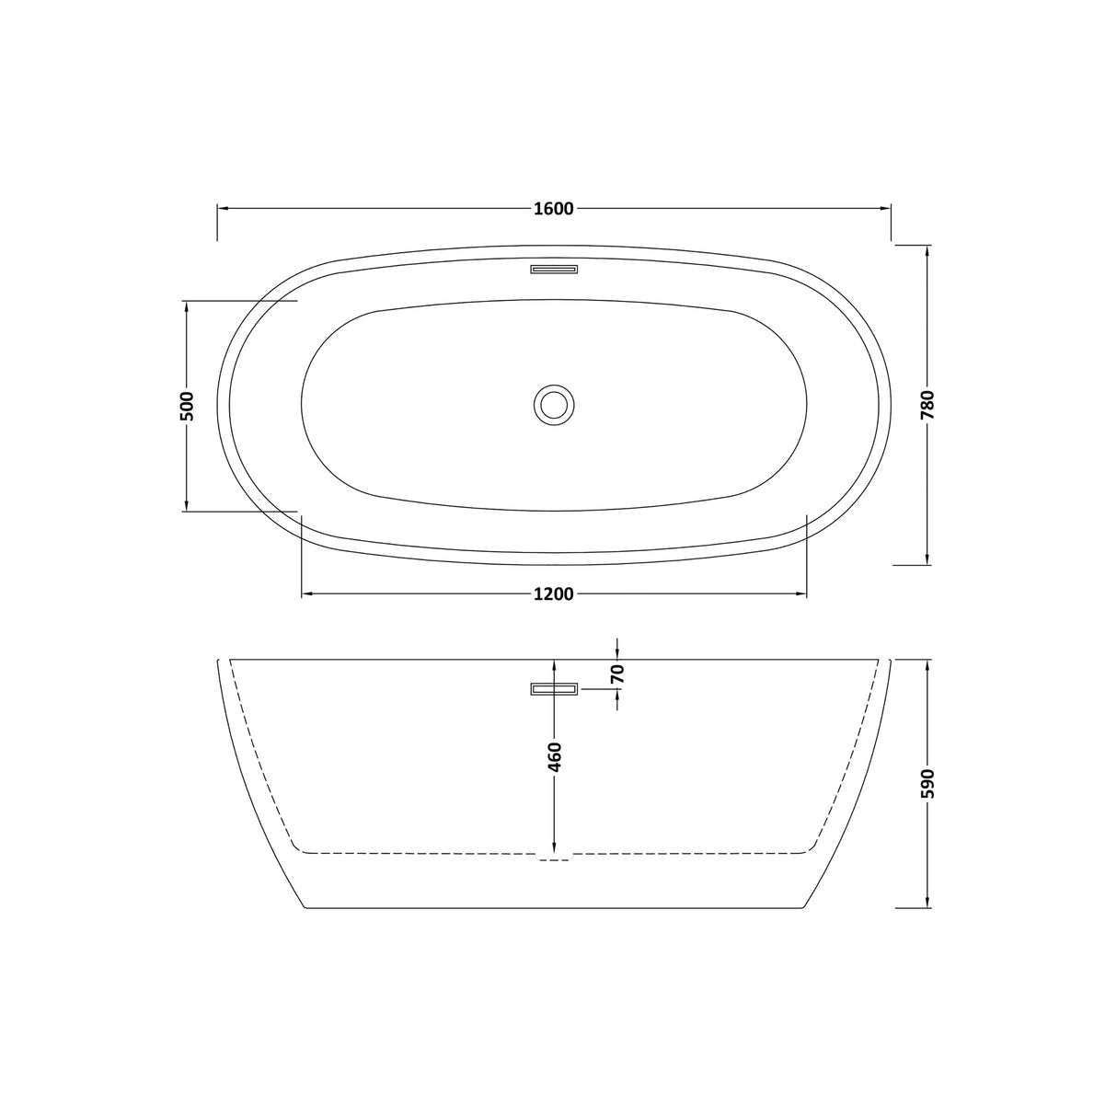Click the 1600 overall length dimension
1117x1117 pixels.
(x=553, y=209)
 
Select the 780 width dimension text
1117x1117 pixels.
(x=927, y=405)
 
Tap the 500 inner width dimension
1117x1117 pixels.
(x=187, y=406)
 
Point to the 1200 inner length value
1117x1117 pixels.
(x=553, y=594)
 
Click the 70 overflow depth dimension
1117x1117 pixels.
(x=617, y=674)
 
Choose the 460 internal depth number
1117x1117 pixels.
(x=554, y=757)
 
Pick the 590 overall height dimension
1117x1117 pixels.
(x=927, y=784)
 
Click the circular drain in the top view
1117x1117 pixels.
(x=554, y=404)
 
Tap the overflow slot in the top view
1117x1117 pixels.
(x=554, y=270)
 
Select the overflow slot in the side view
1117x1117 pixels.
(x=554, y=689)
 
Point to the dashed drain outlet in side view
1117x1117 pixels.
(x=554, y=859)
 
